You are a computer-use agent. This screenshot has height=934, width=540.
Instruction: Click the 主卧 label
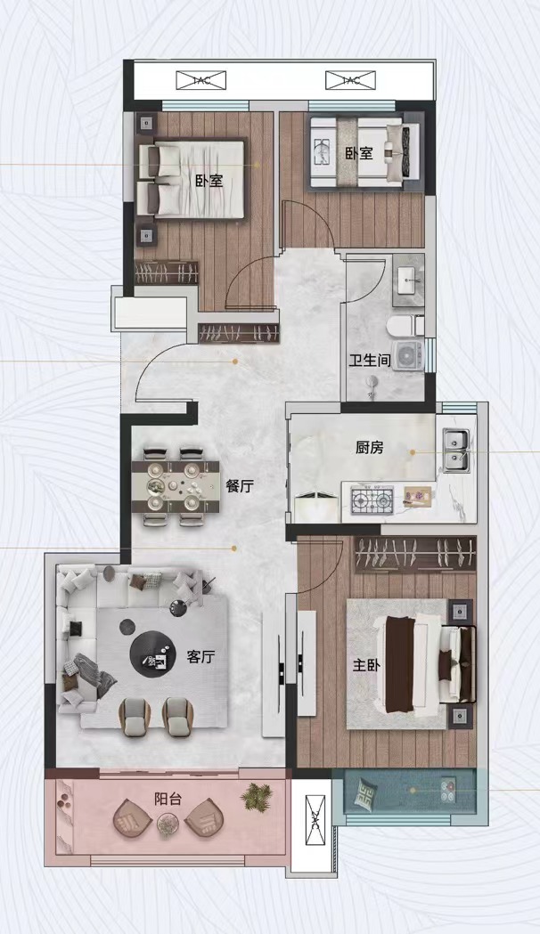(366, 665)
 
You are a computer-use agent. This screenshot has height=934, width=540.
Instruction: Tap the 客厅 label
(200, 657)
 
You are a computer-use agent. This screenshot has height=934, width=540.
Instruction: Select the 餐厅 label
(240, 486)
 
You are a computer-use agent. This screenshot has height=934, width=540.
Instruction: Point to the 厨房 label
(370, 447)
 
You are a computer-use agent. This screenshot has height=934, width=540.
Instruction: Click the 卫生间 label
(370, 361)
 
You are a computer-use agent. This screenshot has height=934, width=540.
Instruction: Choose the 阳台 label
(168, 799)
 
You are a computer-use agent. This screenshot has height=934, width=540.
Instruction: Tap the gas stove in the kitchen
(372, 499)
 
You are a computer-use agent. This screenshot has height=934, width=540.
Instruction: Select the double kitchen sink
(456, 451)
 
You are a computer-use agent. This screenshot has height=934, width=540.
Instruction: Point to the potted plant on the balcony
(257, 796)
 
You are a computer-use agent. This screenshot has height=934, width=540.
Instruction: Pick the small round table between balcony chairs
(168, 824)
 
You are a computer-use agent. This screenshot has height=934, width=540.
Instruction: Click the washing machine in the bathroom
(408, 355)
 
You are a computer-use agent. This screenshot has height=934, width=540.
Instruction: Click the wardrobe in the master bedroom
(415, 555)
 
